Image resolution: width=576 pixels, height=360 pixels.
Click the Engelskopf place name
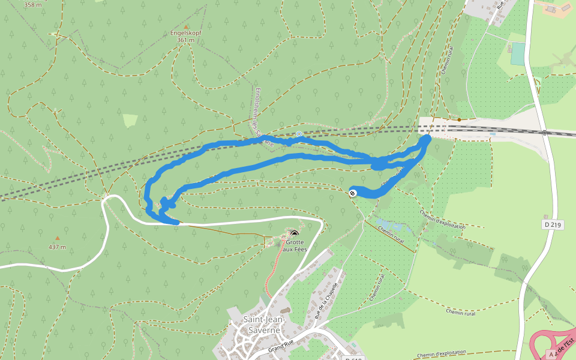186,33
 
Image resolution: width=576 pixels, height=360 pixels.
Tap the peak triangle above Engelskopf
186,26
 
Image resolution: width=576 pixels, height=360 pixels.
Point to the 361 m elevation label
186,40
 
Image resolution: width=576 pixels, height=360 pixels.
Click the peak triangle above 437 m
58,238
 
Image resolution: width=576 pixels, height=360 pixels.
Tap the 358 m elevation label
34,5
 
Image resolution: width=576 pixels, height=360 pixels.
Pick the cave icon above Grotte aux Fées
293,233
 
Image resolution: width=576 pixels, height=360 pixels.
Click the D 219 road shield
553,224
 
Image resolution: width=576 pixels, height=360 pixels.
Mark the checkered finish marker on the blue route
352,193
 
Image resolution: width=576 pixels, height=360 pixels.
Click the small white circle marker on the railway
299,133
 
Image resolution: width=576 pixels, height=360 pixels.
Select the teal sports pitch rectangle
517,54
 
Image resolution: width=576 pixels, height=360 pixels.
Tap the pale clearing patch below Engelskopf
130,121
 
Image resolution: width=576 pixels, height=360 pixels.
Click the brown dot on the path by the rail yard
459,119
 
